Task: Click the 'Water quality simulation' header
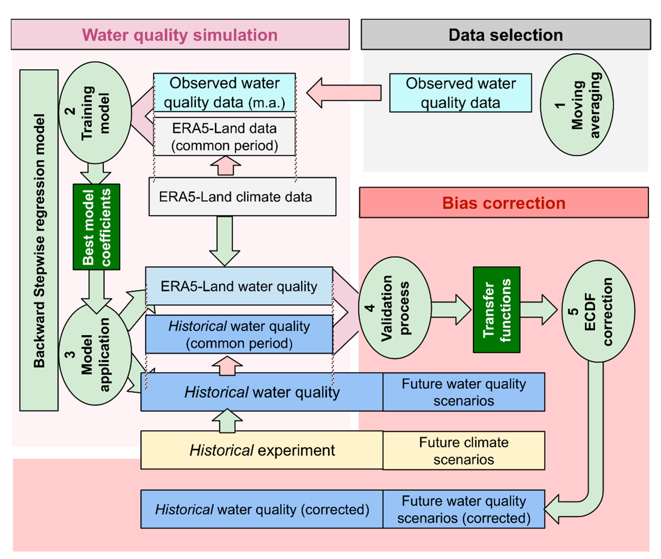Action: pyautogui.click(x=180, y=35)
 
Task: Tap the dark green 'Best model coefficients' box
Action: pyautogui.click(x=96, y=227)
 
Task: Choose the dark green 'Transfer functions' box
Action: pyautogui.click(x=496, y=310)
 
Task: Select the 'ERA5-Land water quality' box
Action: pyautogui.click(x=239, y=286)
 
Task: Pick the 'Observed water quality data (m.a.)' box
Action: pyautogui.click(x=224, y=92)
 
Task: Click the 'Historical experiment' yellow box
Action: pyautogui.click(x=262, y=450)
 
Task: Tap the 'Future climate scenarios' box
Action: pyautogui.click(x=464, y=450)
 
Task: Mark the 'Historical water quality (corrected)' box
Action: pyautogui.click(x=262, y=509)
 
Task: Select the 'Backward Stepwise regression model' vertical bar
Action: pyautogui.click(x=39, y=240)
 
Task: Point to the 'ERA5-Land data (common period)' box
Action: pyautogui.click(x=224, y=137)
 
